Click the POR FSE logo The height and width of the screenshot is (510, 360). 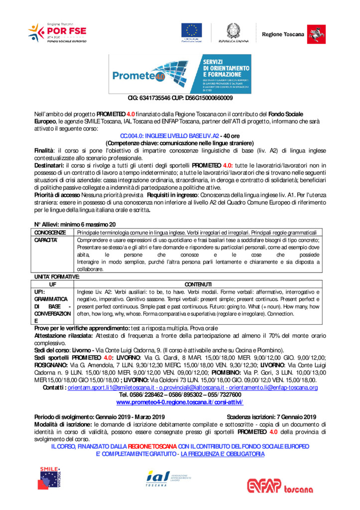pyautogui.click(x=58, y=33)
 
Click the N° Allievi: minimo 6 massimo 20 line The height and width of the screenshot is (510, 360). pyautogui.click(x=75, y=225)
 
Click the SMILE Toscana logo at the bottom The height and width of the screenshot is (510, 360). pyautogui.click(x=51, y=478)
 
